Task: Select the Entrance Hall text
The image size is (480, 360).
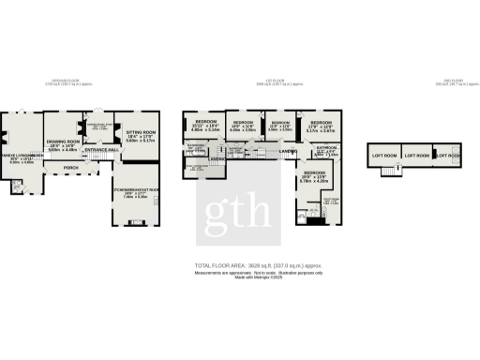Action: pos(100,150)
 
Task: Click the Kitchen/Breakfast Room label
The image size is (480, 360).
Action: pos(136,194)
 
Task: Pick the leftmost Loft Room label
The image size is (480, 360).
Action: pos(382,156)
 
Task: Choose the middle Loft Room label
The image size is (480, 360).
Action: pos(415,156)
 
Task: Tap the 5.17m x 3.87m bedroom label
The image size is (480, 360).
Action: pos(321,127)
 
